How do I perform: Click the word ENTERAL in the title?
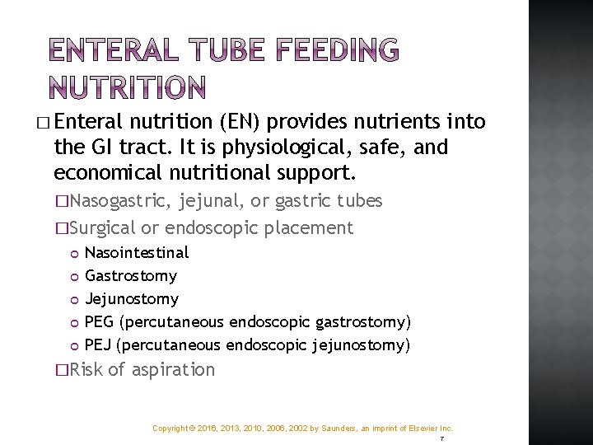(110, 52)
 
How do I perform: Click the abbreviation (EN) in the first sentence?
(241, 123)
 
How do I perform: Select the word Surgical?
(102, 227)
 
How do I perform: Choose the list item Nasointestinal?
(137, 252)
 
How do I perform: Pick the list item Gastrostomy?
(131, 275)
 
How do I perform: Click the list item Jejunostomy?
(132, 298)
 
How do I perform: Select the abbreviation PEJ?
(99, 344)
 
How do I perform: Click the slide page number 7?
(441, 439)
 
